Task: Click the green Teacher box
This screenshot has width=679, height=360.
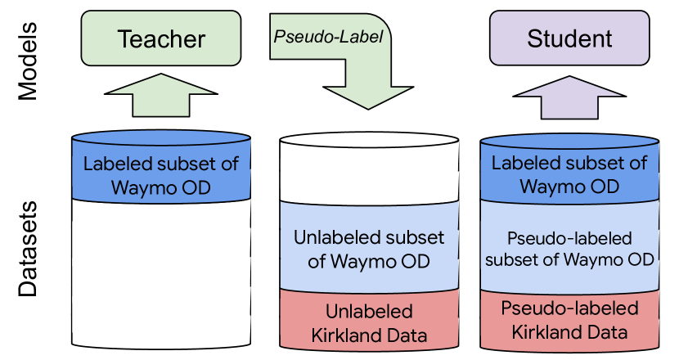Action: coord(161,38)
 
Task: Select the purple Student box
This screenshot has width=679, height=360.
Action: coord(569,38)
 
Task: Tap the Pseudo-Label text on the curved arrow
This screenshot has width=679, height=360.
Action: coord(328,37)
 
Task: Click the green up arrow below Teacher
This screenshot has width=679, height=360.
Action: coord(161,95)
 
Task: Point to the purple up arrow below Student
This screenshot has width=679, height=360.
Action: coord(569,97)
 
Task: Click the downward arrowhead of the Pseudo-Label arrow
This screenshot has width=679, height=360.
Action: coord(368,97)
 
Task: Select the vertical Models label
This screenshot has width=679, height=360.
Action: coord(28,61)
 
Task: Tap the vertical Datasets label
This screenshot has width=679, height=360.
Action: coord(28,249)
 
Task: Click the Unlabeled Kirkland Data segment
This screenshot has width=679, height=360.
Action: coord(369,321)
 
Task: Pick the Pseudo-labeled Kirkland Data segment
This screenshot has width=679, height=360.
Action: coord(569,321)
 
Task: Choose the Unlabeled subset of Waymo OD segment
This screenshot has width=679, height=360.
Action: coord(369,247)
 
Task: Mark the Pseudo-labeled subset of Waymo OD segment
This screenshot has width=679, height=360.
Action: coord(569,248)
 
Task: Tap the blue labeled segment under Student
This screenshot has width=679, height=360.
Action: coord(569,170)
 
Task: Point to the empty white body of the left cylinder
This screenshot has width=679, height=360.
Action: coord(161,273)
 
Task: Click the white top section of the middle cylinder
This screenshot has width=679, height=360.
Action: coord(369,169)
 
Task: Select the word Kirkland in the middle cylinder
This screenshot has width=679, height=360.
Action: coord(341,335)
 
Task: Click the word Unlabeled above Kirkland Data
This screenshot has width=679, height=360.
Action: coord(369,312)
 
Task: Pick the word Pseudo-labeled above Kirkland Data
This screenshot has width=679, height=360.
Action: coord(569,308)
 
